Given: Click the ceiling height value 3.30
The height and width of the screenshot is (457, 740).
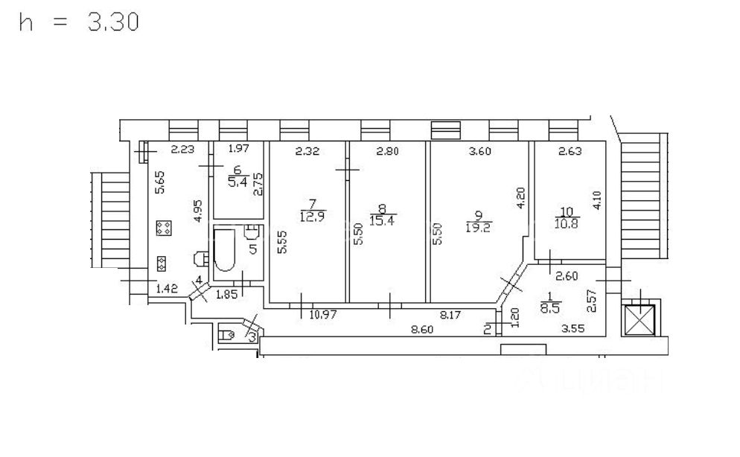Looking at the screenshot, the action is click(x=113, y=23).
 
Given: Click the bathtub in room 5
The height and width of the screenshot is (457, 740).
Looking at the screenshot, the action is click(x=225, y=251).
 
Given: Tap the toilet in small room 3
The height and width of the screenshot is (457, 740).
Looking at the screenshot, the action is click(x=226, y=335).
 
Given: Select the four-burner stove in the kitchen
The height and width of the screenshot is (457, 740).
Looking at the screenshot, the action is click(x=162, y=228).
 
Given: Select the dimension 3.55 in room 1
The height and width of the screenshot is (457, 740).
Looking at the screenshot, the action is click(x=573, y=327).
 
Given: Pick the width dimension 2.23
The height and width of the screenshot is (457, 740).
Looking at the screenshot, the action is click(x=182, y=150).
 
